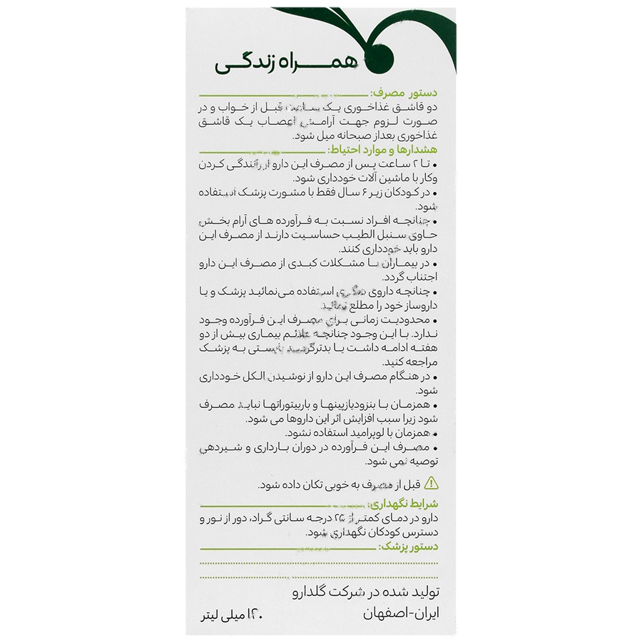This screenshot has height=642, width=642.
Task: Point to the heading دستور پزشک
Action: click(x=408, y=546)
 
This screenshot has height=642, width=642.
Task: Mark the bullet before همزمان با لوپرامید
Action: click(x=435, y=433)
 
